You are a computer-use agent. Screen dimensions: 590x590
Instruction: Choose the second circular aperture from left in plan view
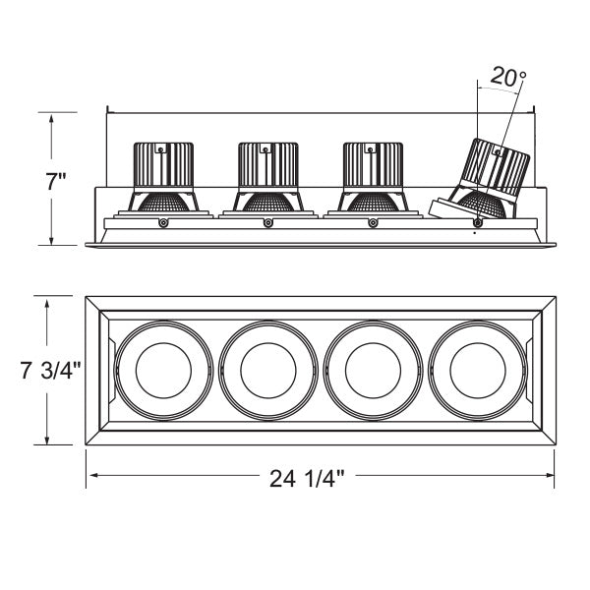[266, 371]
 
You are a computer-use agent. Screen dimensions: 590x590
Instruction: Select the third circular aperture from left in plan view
[372, 371]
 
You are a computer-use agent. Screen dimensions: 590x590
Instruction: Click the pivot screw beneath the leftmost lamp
[162, 223]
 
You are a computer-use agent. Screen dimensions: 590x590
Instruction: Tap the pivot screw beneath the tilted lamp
[478, 223]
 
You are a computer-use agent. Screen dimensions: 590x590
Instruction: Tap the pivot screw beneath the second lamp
[267, 223]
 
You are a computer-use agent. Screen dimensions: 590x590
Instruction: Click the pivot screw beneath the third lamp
[372, 223]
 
